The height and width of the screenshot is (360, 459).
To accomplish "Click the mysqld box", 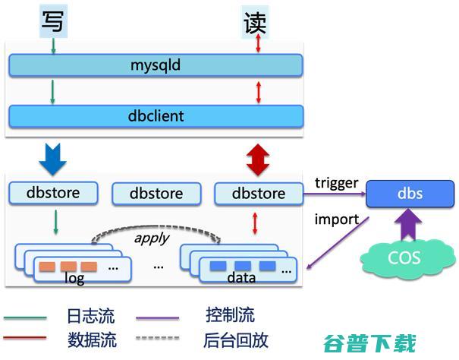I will coord(156,65).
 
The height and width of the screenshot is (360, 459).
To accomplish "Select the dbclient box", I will coord(156,116).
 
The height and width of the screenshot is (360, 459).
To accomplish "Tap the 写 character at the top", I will coord(53,21).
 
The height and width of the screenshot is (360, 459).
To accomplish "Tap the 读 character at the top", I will coord(255,21).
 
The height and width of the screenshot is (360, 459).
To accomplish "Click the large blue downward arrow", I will coord(53,157).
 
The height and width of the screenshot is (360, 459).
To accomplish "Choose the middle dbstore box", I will coord(156,194).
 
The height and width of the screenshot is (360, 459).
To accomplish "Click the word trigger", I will coord(336,182).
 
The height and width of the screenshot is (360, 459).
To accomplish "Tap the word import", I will coord(336,219).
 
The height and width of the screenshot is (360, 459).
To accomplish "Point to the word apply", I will coord(152,237).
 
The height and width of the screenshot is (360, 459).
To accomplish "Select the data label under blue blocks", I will coord(241,279).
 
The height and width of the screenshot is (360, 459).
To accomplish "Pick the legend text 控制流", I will coord(230,316).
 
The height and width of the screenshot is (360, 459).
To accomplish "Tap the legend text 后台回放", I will coord(236,339).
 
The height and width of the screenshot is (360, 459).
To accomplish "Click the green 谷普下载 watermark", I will coord(369,343).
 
